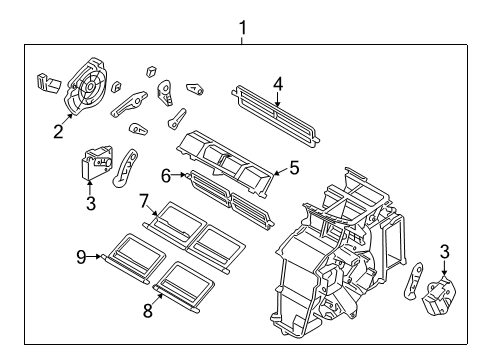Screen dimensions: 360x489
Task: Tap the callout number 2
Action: [59, 131]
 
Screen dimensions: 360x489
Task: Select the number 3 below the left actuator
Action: [90, 204]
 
